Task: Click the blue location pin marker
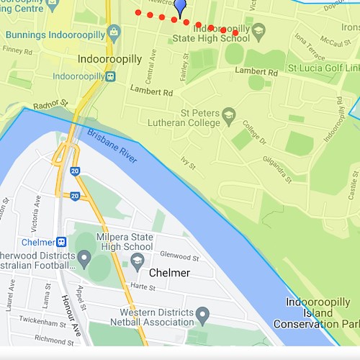tap(180, 7)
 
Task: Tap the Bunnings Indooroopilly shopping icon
tap(113, 32)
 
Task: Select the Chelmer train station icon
tap(62, 242)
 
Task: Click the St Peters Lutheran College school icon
tap(228, 114)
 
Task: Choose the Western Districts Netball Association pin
tap(202, 313)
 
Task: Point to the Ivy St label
tap(189, 162)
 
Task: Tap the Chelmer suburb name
tap(169, 273)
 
